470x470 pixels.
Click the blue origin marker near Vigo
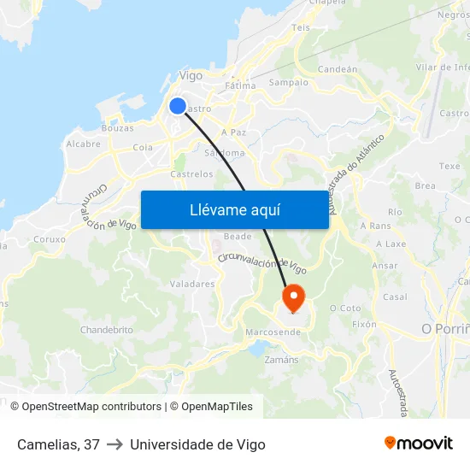(x=178, y=106)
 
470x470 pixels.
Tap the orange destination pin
(x=293, y=298)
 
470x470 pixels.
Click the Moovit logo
(x=418, y=444)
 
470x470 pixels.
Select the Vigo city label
(x=191, y=76)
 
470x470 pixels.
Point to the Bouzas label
(x=117, y=128)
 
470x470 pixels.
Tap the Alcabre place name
(x=84, y=144)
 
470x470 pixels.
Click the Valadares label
(x=192, y=284)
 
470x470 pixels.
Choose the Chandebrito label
(x=107, y=330)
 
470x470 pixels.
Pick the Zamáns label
(x=283, y=360)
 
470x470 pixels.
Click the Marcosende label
(x=272, y=332)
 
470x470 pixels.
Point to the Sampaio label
(x=288, y=83)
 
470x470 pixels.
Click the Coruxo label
(x=50, y=240)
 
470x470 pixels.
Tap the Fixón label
(x=364, y=325)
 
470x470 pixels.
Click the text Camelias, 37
(x=58, y=444)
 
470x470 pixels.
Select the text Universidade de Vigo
(x=197, y=444)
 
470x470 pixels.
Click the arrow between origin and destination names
(x=115, y=444)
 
